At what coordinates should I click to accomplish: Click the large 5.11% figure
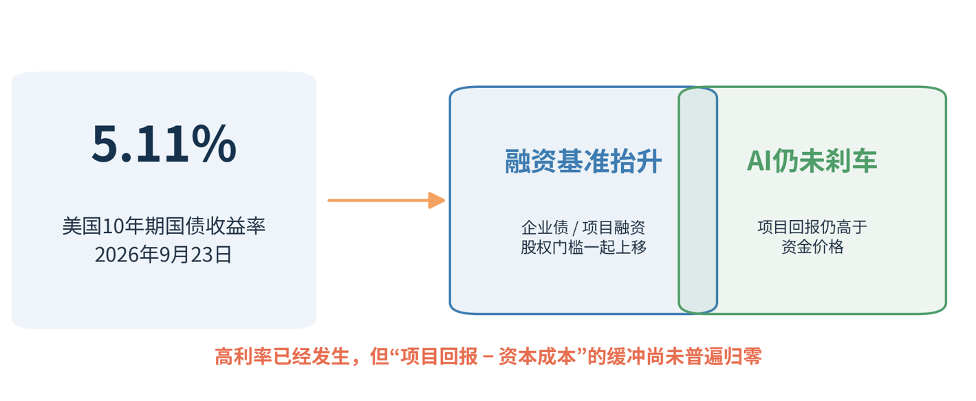[164, 143]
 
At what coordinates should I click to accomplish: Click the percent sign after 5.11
[214, 143]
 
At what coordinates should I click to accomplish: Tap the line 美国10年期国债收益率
[164, 226]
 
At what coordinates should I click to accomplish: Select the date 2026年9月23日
[164, 254]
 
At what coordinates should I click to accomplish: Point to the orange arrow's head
[437, 201]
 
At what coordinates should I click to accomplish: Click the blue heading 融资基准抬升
[583, 161]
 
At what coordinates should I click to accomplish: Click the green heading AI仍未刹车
[812, 161]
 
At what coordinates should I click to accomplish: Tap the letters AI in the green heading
[759, 161]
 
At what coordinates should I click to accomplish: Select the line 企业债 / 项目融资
[583, 228]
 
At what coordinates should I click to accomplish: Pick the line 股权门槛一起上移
[583, 247]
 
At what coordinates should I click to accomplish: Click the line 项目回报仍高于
[812, 227]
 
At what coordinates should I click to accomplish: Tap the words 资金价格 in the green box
[812, 247]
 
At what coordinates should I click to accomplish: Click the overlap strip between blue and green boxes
[698, 201]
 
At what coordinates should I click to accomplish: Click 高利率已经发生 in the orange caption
[282, 356]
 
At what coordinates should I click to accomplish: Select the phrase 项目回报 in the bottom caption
[440, 356]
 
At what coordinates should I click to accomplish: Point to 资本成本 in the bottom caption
[537, 356]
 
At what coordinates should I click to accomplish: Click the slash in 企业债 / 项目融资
[576, 228]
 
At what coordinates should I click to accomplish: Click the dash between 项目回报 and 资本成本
[488, 357]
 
